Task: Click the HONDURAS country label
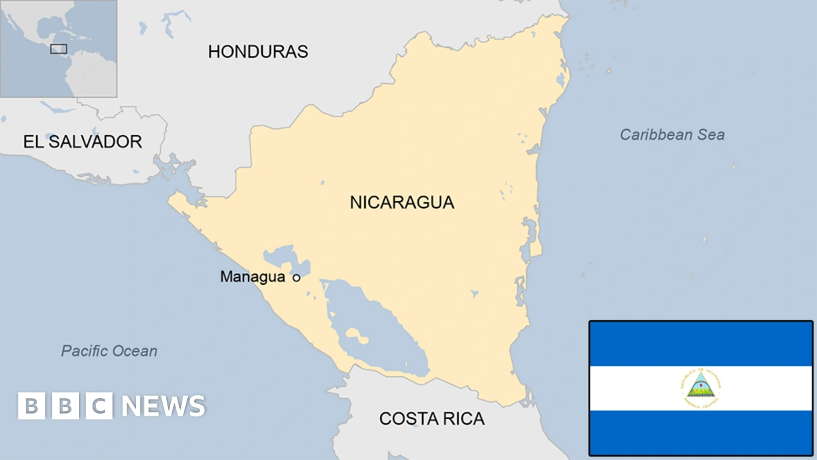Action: [x=258, y=51]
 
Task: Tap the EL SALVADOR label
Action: [x=82, y=142]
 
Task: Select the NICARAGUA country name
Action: [x=402, y=202]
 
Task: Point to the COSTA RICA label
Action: [x=432, y=418]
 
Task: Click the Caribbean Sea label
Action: [x=672, y=134]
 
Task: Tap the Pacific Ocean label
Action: [x=109, y=351]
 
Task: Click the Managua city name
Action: [x=252, y=277]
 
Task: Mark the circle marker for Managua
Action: [x=296, y=277]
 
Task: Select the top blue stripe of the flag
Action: [x=701, y=343]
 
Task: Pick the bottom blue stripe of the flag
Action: [x=701, y=433]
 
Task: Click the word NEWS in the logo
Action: [x=163, y=406]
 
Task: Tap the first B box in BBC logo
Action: [x=31, y=406]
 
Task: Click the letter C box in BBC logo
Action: [x=99, y=406]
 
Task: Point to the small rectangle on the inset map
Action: [x=59, y=48]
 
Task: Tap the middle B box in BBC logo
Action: [x=65, y=406]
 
